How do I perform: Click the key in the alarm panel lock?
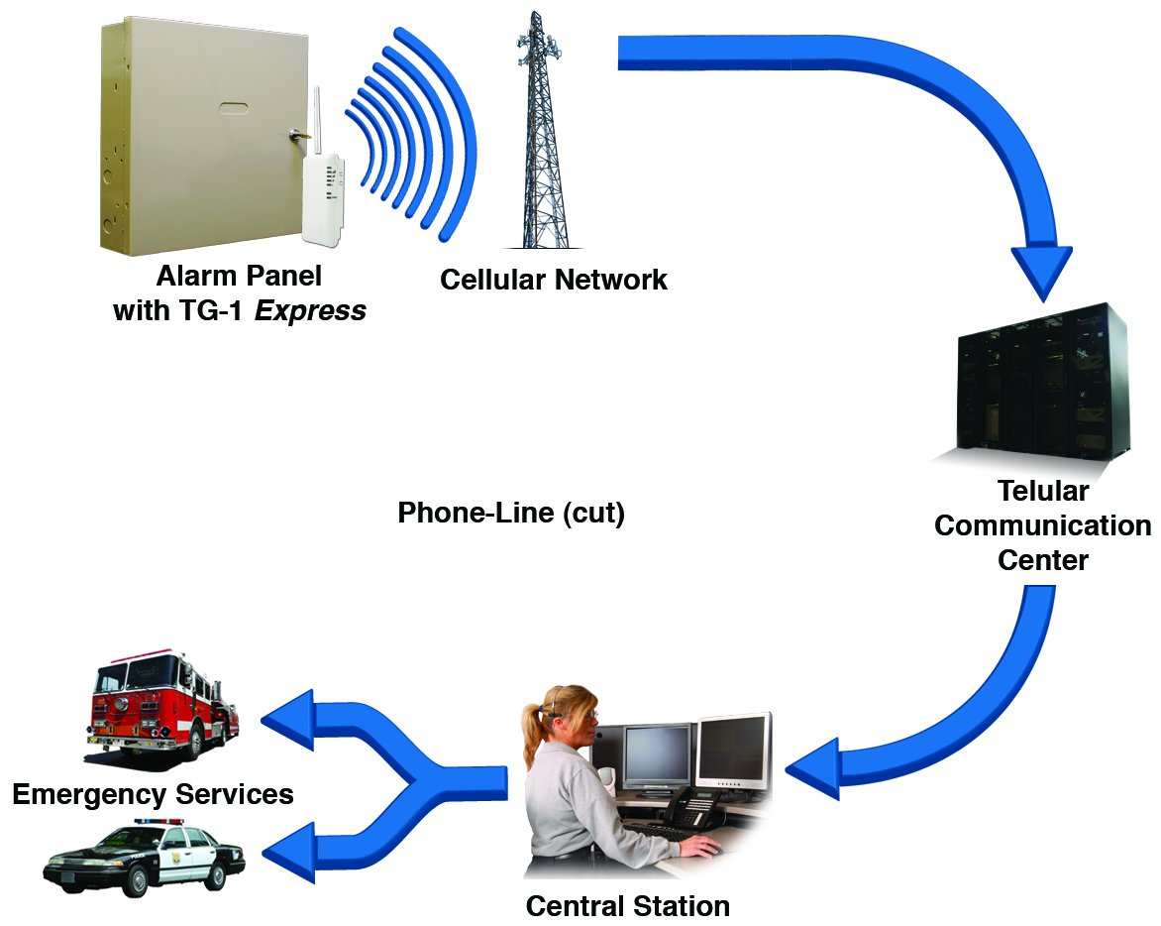296,134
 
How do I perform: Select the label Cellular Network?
553,280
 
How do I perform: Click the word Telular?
1043,492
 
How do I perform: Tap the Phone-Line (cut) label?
510,514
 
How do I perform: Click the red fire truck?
161,704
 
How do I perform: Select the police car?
144,859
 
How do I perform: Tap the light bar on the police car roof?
158,822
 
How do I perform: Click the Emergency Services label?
153,794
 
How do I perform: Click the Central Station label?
627,906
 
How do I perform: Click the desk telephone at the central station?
688,811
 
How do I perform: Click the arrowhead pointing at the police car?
287,853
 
